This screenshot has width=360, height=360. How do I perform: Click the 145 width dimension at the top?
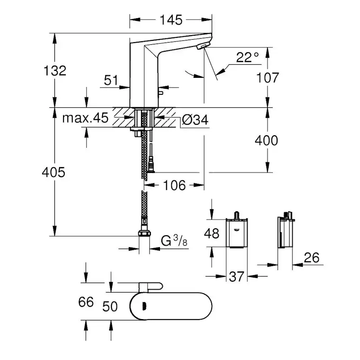pos(170,20)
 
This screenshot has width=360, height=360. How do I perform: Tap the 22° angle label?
pos(248,57)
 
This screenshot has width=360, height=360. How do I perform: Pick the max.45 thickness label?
pos(85,119)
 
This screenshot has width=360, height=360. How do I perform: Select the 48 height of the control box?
pos(212,233)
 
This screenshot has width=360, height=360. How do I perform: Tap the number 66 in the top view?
pos(87,301)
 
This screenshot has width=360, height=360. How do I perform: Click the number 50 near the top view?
pos(110,307)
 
